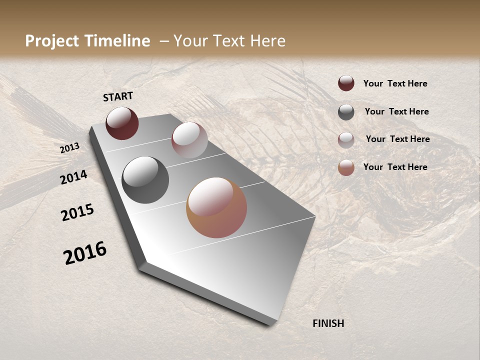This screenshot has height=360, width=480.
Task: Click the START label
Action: pos(118,96)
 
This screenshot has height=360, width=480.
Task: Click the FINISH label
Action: pos(328,323)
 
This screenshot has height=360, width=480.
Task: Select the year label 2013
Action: pos(70,148)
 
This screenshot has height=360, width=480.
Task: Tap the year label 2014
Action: pos(74,177)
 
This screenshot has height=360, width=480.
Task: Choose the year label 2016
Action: pos(85,253)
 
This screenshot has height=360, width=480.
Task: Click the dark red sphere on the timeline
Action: pos(122,123)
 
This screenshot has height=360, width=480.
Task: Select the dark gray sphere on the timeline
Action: pos(145,180)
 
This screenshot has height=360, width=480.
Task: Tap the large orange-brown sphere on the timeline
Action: pos(216,207)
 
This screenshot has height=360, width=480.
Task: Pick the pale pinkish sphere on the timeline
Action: pos(189,140)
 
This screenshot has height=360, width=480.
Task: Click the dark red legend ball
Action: pos(346,83)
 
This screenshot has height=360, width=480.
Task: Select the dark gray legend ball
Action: pos(346,112)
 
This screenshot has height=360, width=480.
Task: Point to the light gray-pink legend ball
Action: pos(346,140)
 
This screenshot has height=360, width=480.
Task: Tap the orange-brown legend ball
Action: pos(346,167)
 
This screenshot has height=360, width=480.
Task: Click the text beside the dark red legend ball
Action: pos(395,83)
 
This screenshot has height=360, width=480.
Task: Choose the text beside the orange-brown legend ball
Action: pos(395,167)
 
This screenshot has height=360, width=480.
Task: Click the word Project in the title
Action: pos(52,41)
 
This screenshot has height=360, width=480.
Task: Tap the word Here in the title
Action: pos(267,41)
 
